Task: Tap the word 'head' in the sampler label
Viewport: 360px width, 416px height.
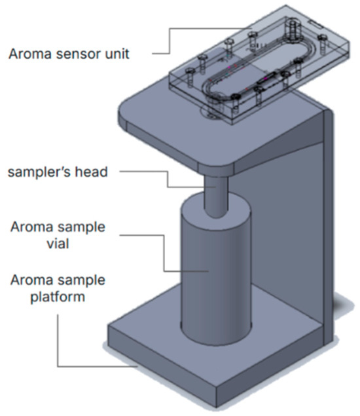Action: tap(92, 172)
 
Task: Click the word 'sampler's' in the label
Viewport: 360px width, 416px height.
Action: tap(39, 172)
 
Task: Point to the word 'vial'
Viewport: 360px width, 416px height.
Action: tap(58, 243)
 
